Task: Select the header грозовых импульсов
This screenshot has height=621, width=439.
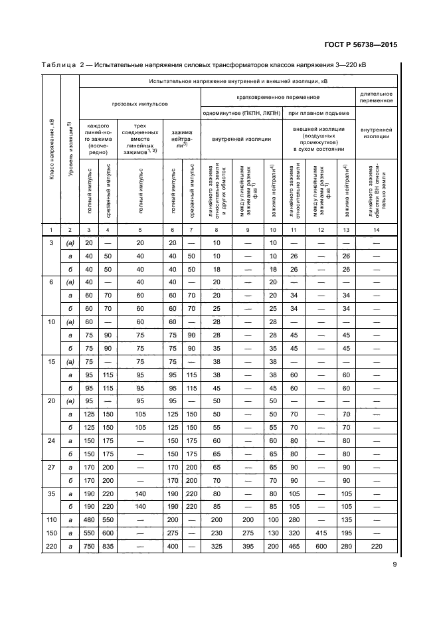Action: tap(139, 104)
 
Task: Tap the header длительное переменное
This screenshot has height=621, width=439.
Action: tap(377, 96)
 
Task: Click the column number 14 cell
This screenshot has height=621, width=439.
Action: tap(377, 229)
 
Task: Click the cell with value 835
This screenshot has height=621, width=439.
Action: tap(107, 546)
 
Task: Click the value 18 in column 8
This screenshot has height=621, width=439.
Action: tap(216, 270)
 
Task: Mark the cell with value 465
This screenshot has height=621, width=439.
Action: tap(293, 546)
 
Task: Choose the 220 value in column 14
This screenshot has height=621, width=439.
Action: tap(377, 546)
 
